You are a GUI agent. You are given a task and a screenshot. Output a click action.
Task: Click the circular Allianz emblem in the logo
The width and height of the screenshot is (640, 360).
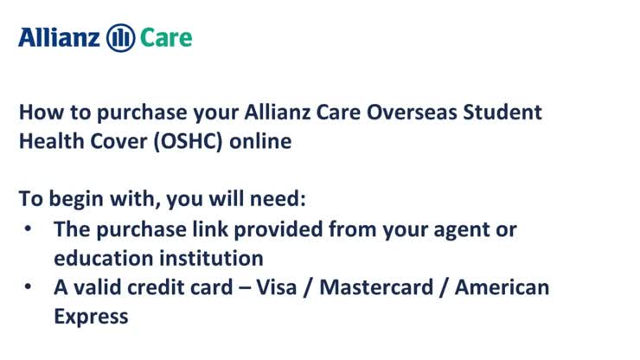pyautogui.click(x=119, y=37)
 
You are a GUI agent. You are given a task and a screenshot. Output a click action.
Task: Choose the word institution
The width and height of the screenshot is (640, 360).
pyautogui.click(x=212, y=258)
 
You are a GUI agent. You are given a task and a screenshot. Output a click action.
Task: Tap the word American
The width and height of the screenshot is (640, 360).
pyautogui.click(x=506, y=286)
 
